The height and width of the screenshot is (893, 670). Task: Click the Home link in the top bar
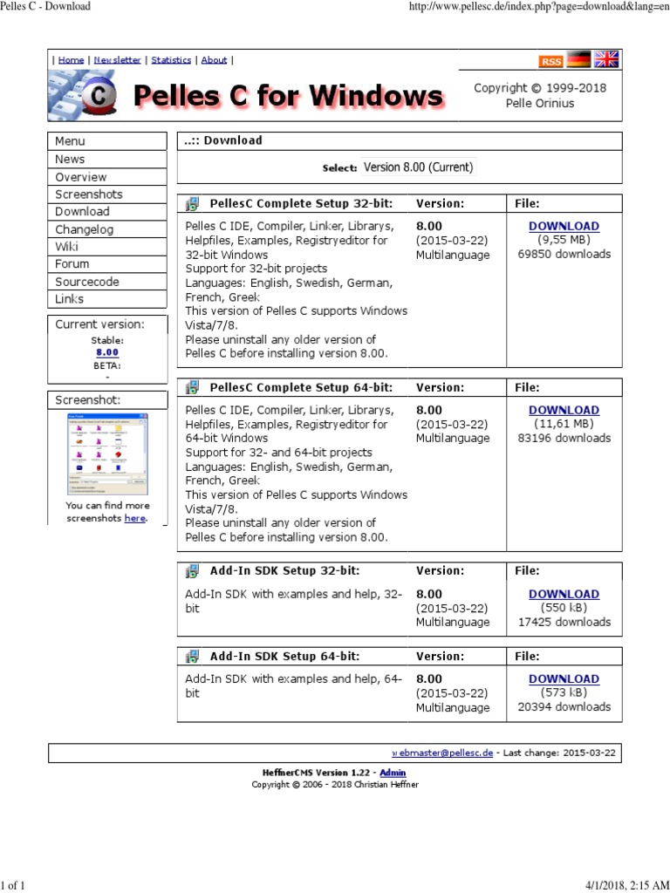(71, 60)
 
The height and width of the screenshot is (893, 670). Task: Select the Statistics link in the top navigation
(171, 60)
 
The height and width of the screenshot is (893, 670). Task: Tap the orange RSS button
(550, 61)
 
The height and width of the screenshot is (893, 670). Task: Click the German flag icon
(578, 60)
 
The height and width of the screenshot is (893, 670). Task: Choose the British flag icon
(605, 59)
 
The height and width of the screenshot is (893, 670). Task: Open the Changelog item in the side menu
(84, 229)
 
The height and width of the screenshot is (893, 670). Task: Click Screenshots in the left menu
(88, 194)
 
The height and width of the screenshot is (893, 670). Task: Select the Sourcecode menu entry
(86, 282)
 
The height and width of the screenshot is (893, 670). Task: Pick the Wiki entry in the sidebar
(66, 247)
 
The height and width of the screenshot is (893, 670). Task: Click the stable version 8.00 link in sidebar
(106, 352)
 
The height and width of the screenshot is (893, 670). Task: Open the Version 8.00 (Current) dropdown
(418, 167)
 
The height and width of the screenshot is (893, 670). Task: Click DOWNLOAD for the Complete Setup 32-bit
(564, 226)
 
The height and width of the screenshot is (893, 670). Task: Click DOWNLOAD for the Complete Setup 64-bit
(564, 410)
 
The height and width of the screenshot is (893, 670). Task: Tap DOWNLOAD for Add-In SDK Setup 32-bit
(564, 594)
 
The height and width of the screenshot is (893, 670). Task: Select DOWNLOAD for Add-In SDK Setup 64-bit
(564, 678)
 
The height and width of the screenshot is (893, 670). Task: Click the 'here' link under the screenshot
(134, 518)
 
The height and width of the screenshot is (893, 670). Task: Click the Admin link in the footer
(393, 773)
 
